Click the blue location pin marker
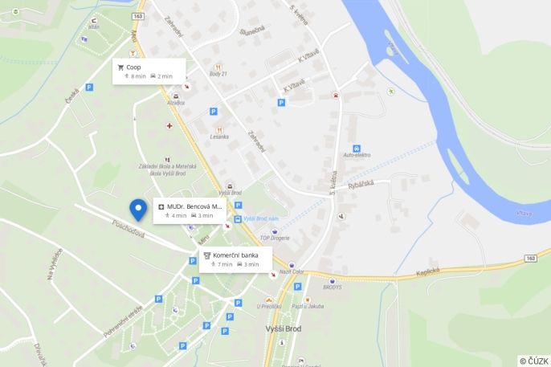point(138,209)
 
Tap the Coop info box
point(149,71)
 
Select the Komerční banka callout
point(235,259)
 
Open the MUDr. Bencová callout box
point(190,210)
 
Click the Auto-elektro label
point(356,154)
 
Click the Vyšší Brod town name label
point(283,328)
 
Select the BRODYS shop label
point(332,287)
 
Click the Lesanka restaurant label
point(219,137)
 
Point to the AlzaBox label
point(176,103)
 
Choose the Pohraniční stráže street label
point(124,320)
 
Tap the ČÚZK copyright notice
point(533,361)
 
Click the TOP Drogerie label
point(275,239)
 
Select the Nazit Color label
point(292,272)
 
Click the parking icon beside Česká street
point(88,86)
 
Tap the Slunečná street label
point(252,31)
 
